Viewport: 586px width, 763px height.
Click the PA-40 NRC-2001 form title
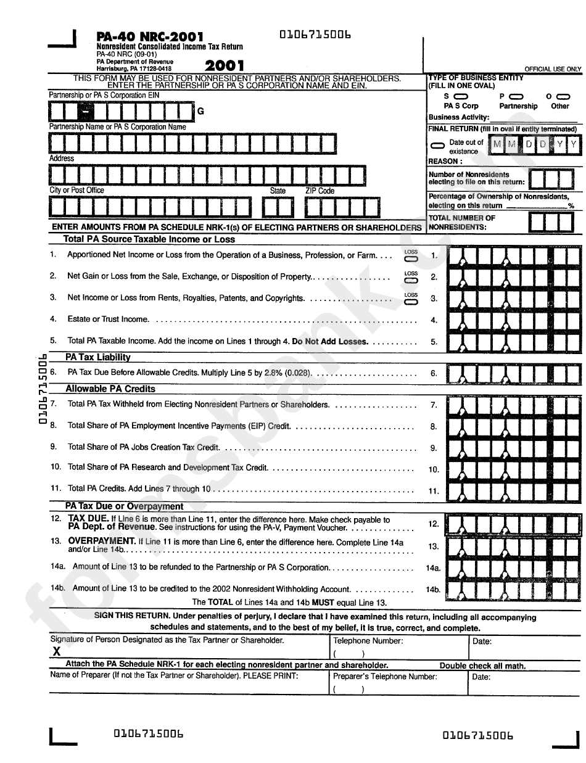click(x=150, y=37)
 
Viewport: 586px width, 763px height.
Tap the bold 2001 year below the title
click(x=225, y=65)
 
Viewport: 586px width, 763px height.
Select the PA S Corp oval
click(x=461, y=97)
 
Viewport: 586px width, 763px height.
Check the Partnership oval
click(x=517, y=97)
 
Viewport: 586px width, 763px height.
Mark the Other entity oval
click(x=562, y=97)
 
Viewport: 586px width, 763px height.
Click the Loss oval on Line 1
click(x=411, y=259)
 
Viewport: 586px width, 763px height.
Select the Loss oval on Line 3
click(x=411, y=302)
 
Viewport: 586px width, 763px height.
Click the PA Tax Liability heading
click(x=98, y=357)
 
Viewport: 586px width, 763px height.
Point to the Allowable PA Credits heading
click(x=110, y=389)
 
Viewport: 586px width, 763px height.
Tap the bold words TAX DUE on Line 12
click(x=88, y=519)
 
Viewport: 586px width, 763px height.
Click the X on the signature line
click(x=56, y=651)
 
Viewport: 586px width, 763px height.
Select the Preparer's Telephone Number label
click(x=385, y=677)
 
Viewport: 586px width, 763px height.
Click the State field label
click(x=278, y=191)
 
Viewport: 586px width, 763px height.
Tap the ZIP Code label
click(x=320, y=191)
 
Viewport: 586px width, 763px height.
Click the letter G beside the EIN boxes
click(x=200, y=112)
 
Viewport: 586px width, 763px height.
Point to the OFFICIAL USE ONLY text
click(x=553, y=69)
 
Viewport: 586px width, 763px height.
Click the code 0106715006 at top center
click(x=315, y=35)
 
